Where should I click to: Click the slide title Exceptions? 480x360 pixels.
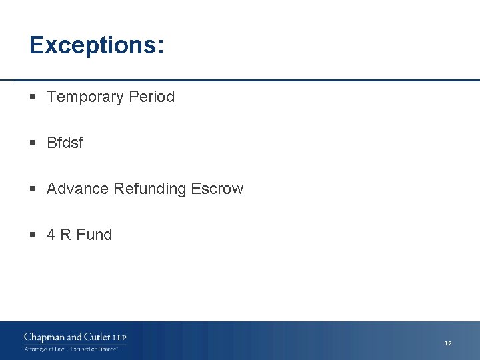(x=97, y=45)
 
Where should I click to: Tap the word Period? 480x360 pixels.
(x=152, y=97)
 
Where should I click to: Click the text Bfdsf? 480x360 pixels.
(x=65, y=143)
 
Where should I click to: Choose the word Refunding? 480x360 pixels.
(x=150, y=189)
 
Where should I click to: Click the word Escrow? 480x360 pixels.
(x=217, y=189)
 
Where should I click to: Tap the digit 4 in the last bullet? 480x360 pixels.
(x=51, y=235)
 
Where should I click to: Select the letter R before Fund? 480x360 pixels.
(x=65, y=235)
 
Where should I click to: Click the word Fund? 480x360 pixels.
(x=94, y=235)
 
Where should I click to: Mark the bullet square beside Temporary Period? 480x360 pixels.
(x=33, y=97)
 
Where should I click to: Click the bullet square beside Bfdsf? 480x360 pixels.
(x=33, y=143)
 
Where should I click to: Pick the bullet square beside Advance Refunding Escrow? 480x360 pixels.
(x=33, y=189)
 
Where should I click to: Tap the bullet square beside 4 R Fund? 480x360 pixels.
(x=33, y=235)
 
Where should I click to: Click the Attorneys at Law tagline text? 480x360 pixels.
(x=43, y=349)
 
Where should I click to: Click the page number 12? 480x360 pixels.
(x=448, y=343)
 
